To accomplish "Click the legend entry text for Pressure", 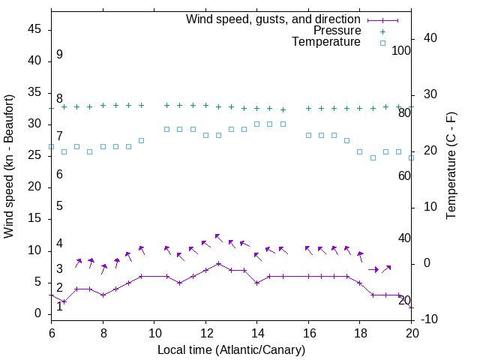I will click(x=336, y=31).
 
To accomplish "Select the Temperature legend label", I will click(x=326, y=42).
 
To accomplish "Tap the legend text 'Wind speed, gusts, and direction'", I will click(x=274, y=19).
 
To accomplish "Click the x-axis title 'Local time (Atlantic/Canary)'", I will click(x=231, y=349).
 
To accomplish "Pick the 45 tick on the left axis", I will click(x=34, y=30).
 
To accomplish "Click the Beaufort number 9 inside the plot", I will click(x=59, y=55).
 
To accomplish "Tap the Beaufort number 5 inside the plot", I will click(x=59, y=205).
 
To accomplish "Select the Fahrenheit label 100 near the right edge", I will click(x=401, y=51).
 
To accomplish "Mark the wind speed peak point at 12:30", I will click(x=218, y=263).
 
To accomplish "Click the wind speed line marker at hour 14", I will click(x=257, y=283).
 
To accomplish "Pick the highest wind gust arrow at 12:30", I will click(x=218, y=237).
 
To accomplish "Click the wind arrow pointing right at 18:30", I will click(x=373, y=269).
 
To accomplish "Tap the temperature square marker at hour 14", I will click(x=257, y=124).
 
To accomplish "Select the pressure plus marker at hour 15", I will click(x=283, y=109).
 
